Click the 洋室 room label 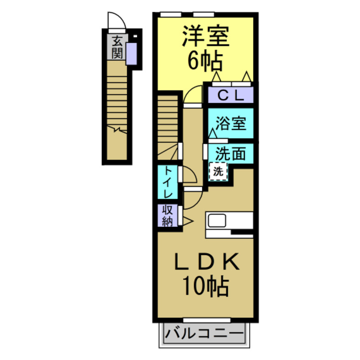(205, 37)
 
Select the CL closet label (231, 96)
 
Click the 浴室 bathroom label (231, 123)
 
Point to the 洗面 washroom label (231, 152)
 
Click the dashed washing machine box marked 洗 (218, 172)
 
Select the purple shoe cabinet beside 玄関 (131, 54)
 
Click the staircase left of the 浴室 (168, 124)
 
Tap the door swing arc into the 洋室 (193, 95)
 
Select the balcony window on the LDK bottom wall (205, 319)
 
